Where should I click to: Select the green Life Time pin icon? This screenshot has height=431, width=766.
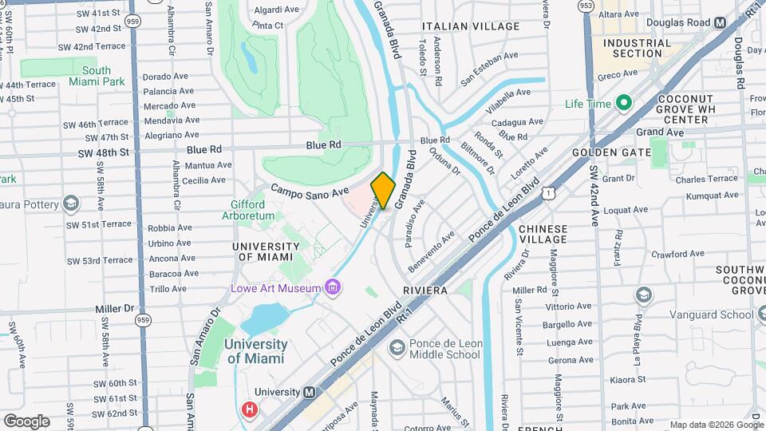[624, 104]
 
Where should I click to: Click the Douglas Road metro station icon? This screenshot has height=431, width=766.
[721, 23]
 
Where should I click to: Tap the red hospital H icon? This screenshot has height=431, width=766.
[250, 410]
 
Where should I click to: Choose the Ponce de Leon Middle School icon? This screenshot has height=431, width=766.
[397, 348]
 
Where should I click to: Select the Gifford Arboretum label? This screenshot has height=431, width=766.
[247, 210]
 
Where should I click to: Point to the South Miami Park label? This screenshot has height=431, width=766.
[97, 76]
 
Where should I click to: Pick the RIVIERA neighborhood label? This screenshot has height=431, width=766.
[425, 291]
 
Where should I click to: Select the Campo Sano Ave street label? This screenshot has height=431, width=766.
[310, 192]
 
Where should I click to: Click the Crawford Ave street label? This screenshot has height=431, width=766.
[678, 254]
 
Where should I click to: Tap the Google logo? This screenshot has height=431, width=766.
[26, 421]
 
